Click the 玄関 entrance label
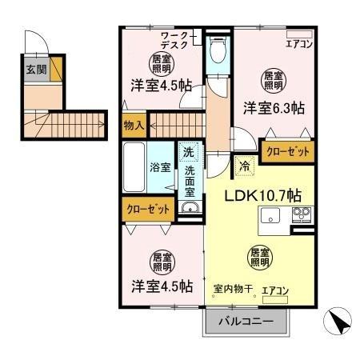[33, 70]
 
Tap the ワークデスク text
[174, 41]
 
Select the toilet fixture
[214, 52]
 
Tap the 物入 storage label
[134, 125]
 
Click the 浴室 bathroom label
[160, 167]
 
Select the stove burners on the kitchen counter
[302, 214]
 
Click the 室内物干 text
[230, 288]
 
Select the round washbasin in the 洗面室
[190, 210]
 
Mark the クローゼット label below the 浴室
[149, 209]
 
